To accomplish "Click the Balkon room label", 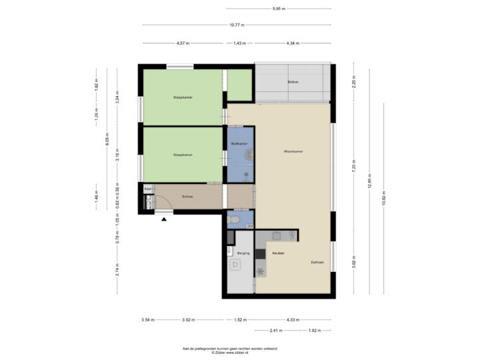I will [x=293, y=82].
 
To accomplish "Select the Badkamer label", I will [x=239, y=144].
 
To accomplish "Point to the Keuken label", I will [x=278, y=253].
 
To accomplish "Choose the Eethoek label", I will [x=317, y=263].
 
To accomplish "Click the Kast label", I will [x=147, y=189].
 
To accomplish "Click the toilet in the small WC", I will [x=233, y=220].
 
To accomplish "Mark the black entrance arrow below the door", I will [x=164, y=219].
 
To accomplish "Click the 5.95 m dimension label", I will [x=279, y=9].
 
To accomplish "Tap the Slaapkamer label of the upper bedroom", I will [x=183, y=97].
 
